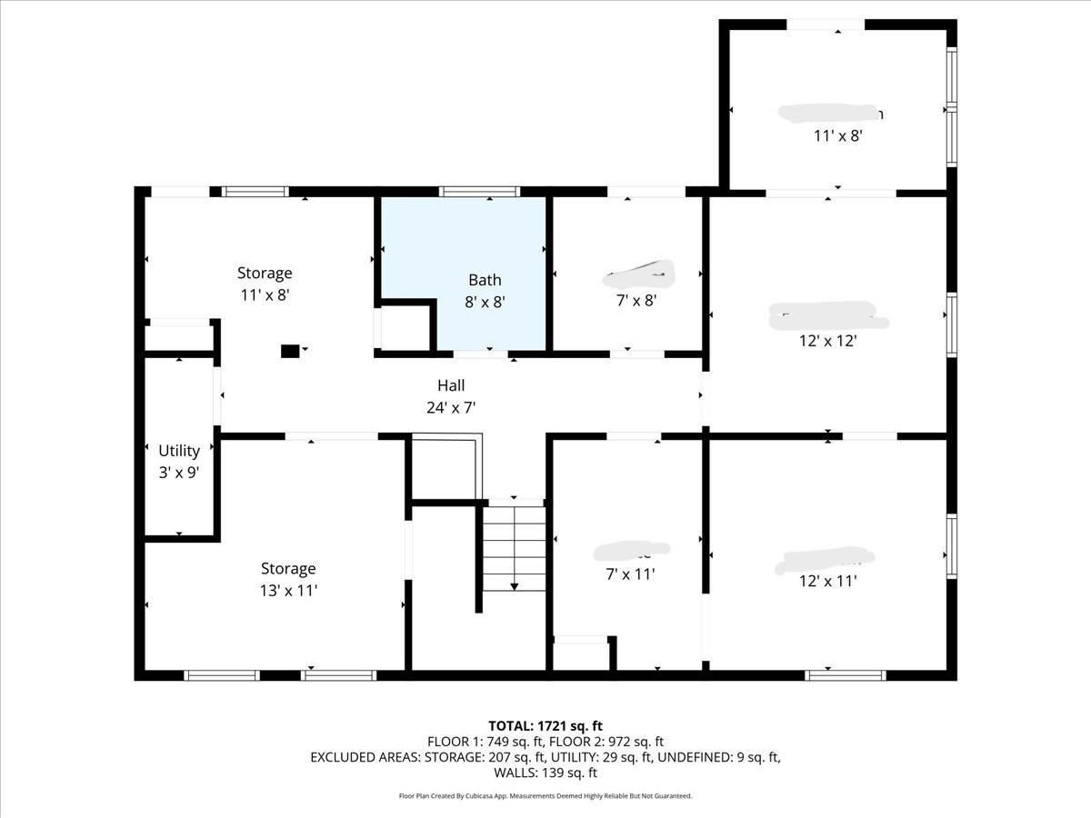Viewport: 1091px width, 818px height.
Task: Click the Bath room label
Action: click(485, 280)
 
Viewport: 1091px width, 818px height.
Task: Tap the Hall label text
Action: click(451, 386)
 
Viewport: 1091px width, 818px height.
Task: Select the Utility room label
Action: click(179, 451)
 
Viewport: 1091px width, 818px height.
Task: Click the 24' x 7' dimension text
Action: click(451, 408)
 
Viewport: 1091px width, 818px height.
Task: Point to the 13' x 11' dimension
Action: click(288, 590)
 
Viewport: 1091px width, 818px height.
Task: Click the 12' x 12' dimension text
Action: click(828, 341)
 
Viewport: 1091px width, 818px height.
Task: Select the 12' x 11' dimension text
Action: click(828, 581)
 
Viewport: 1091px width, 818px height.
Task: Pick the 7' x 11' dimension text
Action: click(630, 574)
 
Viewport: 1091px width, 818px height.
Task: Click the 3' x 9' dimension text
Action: click(179, 472)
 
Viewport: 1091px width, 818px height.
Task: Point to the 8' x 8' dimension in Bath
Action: click(485, 302)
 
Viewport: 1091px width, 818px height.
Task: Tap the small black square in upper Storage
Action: click(290, 350)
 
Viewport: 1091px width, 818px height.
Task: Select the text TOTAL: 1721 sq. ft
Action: click(545, 725)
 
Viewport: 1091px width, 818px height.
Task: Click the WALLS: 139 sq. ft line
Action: click(545, 773)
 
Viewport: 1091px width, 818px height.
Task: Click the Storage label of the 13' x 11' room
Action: click(288, 568)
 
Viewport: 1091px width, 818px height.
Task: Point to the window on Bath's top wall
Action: click(479, 192)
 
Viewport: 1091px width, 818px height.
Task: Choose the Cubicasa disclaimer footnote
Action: click(545, 796)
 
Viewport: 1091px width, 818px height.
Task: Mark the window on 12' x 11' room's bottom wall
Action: click(846, 675)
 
